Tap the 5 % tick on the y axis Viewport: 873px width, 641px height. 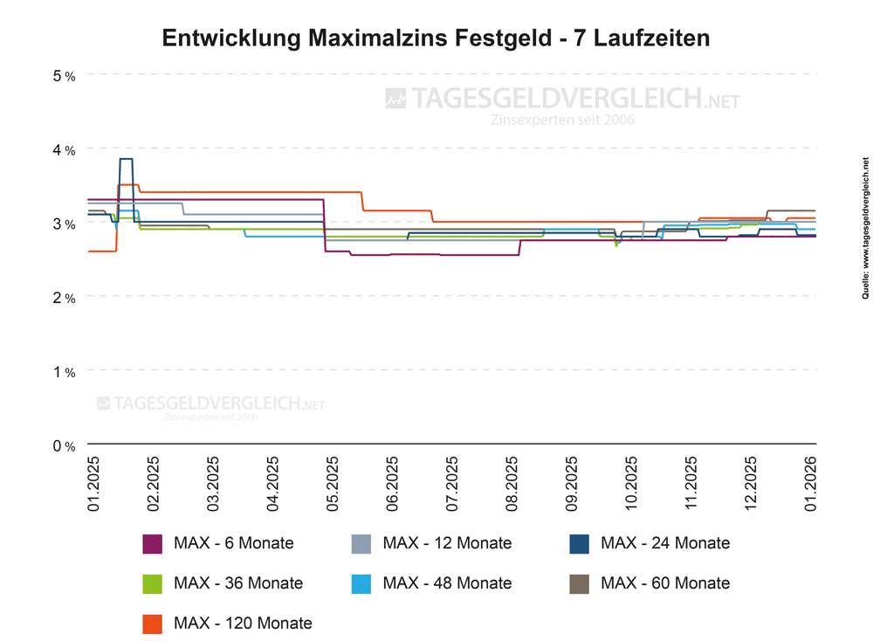tap(64, 76)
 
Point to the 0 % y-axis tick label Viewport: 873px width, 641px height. tap(64, 446)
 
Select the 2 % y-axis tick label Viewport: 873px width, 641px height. tap(64, 298)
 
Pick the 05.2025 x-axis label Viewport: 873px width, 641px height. tap(333, 483)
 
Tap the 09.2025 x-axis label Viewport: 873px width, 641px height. tap(572, 483)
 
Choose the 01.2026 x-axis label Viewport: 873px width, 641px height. tap(811, 483)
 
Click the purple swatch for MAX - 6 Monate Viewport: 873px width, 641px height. tap(153, 543)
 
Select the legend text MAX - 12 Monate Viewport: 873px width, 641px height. tap(447, 543)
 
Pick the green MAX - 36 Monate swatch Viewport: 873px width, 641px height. tap(153, 583)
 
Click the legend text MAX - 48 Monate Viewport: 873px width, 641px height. tap(447, 583)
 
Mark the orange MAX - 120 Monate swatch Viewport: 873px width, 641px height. tap(153, 624)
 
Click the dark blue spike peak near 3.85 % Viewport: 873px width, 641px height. tap(126, 159)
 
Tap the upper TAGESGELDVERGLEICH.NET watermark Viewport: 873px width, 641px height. tap(563, 100)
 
